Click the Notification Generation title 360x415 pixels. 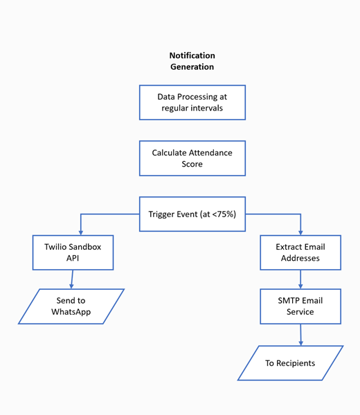tap(192, 61)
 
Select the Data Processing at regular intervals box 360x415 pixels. tap(192, 102)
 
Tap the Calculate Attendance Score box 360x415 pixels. tap(192, 158)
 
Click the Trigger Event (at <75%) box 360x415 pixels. tap(192, 214)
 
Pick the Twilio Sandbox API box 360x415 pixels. tap(73, 252)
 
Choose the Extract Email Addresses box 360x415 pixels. tap(300, 252)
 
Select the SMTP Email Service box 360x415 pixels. tap(300, 306)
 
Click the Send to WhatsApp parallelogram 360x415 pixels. tap(71, 306)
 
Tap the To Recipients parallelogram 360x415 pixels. tap(290, 363)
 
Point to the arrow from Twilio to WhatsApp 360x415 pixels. tap(72, 279)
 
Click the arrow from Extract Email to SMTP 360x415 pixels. tap(300, 279)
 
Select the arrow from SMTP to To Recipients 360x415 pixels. tap(300, 335)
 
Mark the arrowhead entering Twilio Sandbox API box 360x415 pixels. tap(80, 232)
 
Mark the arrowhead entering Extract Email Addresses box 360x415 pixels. tap(300, 232)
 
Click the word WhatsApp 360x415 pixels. tap(71, 312)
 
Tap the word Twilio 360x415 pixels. tap(59, 247)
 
